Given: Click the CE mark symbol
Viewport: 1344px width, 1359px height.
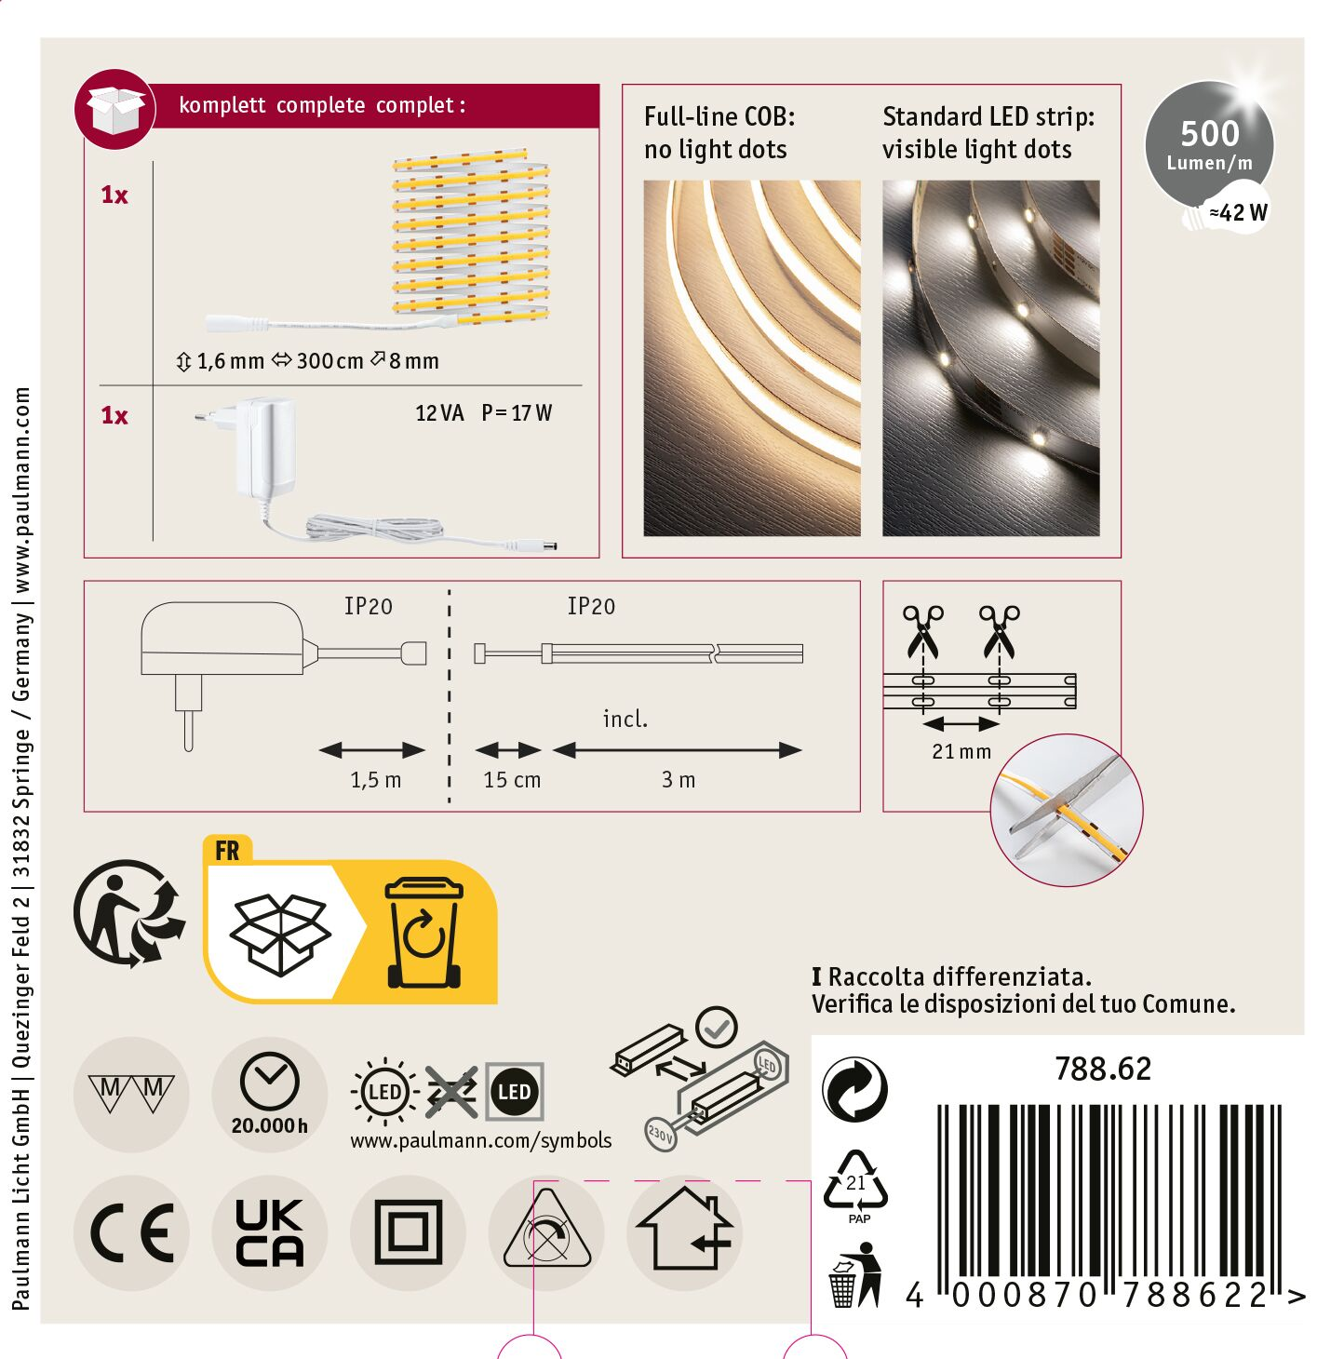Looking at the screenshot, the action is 131,1232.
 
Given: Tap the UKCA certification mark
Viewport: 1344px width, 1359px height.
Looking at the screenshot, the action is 270,1232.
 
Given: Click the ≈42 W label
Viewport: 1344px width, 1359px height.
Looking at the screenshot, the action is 1238,212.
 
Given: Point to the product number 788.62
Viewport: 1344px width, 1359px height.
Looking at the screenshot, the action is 1103,1070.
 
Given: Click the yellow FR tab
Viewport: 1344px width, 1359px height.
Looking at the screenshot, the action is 227,850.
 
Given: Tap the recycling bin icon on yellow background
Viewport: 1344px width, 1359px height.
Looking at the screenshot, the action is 423,932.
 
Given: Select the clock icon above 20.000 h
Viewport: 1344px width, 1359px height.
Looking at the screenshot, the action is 270,1081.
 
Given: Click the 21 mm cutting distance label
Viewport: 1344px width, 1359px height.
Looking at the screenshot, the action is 961,752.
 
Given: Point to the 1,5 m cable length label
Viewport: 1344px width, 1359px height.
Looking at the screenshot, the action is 375,780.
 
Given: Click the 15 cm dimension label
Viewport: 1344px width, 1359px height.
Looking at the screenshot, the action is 512,780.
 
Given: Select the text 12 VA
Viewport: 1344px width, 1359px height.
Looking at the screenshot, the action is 438,413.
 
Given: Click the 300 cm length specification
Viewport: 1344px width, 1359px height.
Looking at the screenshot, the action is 329,361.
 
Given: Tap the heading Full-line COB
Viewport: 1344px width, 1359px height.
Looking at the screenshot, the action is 719,117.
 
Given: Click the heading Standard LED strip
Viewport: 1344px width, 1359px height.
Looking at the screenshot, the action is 988,117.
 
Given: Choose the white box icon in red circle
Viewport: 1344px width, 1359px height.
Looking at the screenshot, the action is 115,109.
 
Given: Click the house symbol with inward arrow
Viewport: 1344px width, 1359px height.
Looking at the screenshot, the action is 684,1230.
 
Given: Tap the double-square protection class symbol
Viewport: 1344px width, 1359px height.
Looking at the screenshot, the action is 408,1232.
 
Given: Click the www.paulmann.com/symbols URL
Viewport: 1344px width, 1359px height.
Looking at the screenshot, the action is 480,1140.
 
